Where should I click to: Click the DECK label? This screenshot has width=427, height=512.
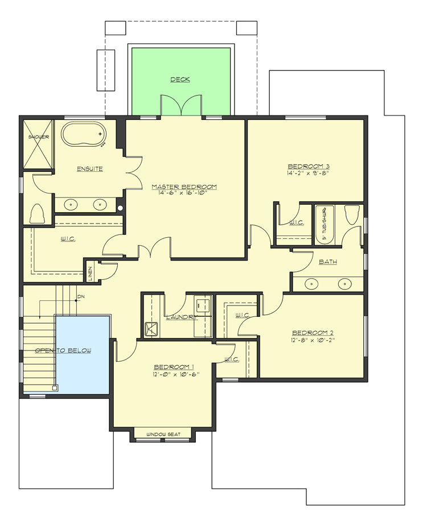180,80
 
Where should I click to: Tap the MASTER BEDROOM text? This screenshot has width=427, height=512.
184,187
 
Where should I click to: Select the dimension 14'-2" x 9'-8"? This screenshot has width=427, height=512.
308,174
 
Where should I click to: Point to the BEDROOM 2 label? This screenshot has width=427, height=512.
312,333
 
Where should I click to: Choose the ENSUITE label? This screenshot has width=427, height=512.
90,169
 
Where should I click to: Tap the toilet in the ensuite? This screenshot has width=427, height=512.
38,214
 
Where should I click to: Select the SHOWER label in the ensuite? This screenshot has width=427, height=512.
39,137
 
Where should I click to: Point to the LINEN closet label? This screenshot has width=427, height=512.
90,272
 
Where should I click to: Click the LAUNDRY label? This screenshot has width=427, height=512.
181,317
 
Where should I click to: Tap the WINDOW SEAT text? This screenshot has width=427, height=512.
163,435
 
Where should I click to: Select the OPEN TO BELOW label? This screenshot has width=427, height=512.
63,350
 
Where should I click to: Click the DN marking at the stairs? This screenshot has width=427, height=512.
81,296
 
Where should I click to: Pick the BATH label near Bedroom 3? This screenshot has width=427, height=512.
327,262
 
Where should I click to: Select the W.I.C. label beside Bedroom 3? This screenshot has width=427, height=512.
295,222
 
